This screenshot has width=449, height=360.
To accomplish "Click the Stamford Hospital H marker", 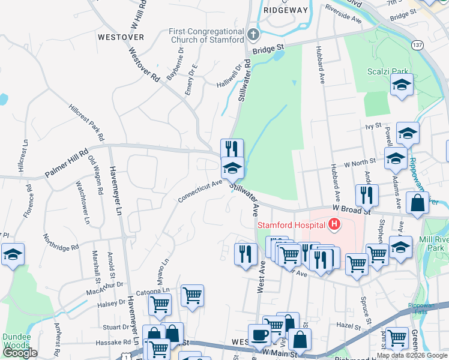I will pyautogui.click(x=334, y=226).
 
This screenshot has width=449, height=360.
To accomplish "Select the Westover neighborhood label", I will pyautogui.click(x=121, y=37).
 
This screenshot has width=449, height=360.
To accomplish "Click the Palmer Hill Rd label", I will pyautogui.click(x=66, y=163).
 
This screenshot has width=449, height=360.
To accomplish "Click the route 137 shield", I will pyautogui.click(x=417, y=45).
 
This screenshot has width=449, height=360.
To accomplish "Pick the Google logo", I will pyautogui.click(x=20, y=353).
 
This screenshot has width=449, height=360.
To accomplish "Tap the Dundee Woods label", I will pyautogui.click(x=16, y=341).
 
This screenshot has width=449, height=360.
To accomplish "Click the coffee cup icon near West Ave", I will pyautogui.click(x=260, y=334).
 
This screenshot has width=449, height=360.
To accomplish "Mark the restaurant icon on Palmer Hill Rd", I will pyautogui.click(x=232, y=148).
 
